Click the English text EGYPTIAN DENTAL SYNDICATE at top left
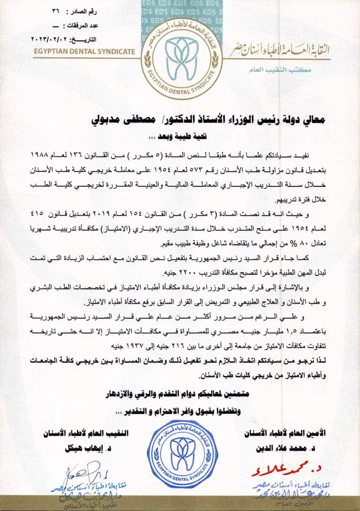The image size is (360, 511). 84,52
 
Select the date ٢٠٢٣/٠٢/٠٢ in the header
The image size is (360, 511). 49,39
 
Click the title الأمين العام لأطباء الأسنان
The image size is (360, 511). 285,434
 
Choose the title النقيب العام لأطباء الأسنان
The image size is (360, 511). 86,434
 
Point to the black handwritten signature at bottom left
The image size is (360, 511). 83,473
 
